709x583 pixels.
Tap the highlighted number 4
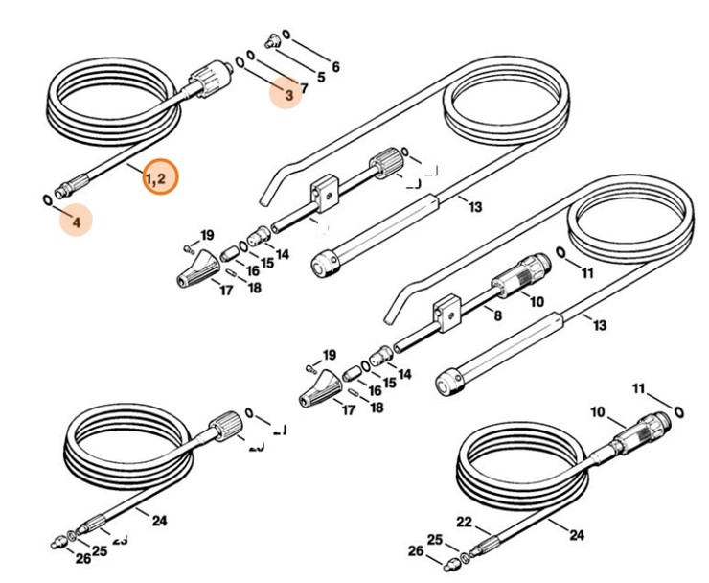pos(76,220)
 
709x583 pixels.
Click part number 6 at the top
pos(334,67)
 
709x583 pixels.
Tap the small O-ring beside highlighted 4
pos(47,198)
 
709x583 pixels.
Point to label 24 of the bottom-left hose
pos(160,521)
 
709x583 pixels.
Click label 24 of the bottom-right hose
pos(578,535)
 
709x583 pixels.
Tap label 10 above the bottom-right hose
pos(598,413)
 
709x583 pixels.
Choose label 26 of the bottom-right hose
pos(415,551)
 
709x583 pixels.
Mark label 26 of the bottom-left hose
pos(83,559)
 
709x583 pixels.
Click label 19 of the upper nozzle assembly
pos(206,235)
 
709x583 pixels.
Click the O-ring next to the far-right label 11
pos(678,409)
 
